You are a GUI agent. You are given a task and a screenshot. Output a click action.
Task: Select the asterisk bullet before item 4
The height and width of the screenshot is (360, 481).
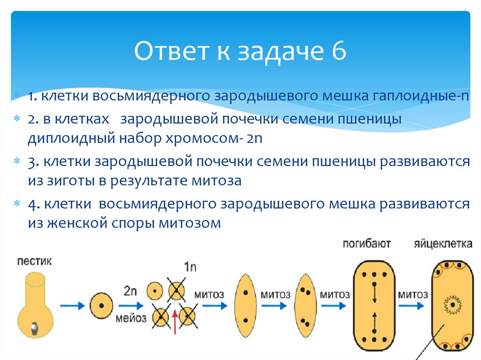(x=17, y=204)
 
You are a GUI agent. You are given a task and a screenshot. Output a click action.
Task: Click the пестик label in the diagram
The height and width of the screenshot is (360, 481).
(x=34, y=261)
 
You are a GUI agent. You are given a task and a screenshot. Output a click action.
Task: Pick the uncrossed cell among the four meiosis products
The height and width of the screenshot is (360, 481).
(x=155, y=291)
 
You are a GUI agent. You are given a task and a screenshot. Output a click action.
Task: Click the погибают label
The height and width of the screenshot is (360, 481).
(x=367, y=244)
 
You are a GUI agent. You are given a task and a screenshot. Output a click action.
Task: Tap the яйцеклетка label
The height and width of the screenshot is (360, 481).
(x=443, y=244)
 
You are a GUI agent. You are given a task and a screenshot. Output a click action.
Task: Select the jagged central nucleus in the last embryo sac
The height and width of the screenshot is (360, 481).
(x=452, y=305)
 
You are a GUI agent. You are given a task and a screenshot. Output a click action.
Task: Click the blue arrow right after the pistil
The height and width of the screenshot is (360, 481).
(x=72, y=305)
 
